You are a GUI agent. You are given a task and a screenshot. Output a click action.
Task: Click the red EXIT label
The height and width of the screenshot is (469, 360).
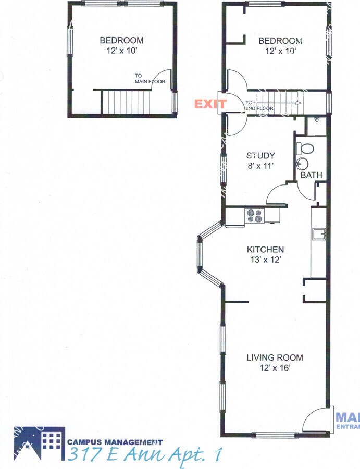[x=210, y=104]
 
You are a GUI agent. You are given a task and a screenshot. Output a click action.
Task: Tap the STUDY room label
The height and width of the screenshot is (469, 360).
[x=260, y=155]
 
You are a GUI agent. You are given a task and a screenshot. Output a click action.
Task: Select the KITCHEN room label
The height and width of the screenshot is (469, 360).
[x=265, y=250]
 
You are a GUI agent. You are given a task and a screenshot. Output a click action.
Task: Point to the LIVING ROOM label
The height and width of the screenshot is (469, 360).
[x=275, y=357]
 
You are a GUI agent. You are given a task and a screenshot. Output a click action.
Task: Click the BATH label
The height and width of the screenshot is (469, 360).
[x=311, y=175]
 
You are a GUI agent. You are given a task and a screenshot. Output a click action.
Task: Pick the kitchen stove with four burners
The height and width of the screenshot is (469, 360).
[x=255, y=216]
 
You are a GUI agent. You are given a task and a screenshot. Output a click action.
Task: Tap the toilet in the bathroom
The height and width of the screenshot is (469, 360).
[x=305, y=149]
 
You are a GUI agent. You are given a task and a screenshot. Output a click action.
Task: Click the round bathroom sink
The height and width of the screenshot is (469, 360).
[x=302, y=165]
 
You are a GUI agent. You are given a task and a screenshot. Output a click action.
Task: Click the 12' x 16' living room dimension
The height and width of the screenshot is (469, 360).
[x=275, y=368]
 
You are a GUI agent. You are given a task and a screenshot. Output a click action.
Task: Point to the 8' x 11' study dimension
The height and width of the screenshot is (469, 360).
[x=260, y=166]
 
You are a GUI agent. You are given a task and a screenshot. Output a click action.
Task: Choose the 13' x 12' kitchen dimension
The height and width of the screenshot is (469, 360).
[x=265, y=260]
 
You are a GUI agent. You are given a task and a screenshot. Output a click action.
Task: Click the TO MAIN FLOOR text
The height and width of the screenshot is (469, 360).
[x=150, y=78]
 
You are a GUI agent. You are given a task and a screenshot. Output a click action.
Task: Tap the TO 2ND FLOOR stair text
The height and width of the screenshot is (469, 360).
[x=259, y=105]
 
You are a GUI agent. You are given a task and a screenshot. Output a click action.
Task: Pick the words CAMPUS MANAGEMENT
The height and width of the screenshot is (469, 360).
[x=115, y=442]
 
